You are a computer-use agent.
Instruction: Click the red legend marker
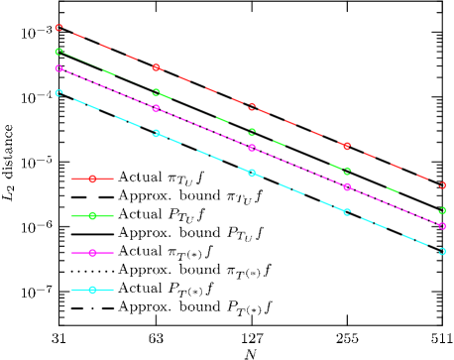click(92, 179)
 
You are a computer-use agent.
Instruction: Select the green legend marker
click(92, 215)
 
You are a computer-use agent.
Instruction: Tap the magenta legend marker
click(92, 253)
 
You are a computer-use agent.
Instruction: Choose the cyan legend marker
click(92, 290)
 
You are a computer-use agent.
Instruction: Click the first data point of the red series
click(59, 28)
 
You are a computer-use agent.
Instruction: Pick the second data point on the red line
click(156, 67)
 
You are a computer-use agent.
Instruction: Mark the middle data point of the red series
click(252, 107)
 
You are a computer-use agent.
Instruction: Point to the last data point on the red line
click(442, 184)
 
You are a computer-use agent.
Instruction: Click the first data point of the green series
click(59, 52)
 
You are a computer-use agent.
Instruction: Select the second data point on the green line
click(156, 92)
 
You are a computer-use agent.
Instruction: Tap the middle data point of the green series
click(252, 132)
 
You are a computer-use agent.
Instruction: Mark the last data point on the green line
click(442, 210)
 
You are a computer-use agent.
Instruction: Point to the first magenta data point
click(59, 68)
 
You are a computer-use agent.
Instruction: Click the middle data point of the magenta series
click(252, 148)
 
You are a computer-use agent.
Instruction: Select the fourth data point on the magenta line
click(347, 186)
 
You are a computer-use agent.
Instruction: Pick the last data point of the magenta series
click(442, 226)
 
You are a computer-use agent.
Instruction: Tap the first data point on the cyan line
click(59, 93)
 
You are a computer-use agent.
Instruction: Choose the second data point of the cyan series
click(156, 133)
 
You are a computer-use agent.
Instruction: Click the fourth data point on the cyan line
click(347, 212)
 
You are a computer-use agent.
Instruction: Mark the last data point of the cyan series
click(442, 251)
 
